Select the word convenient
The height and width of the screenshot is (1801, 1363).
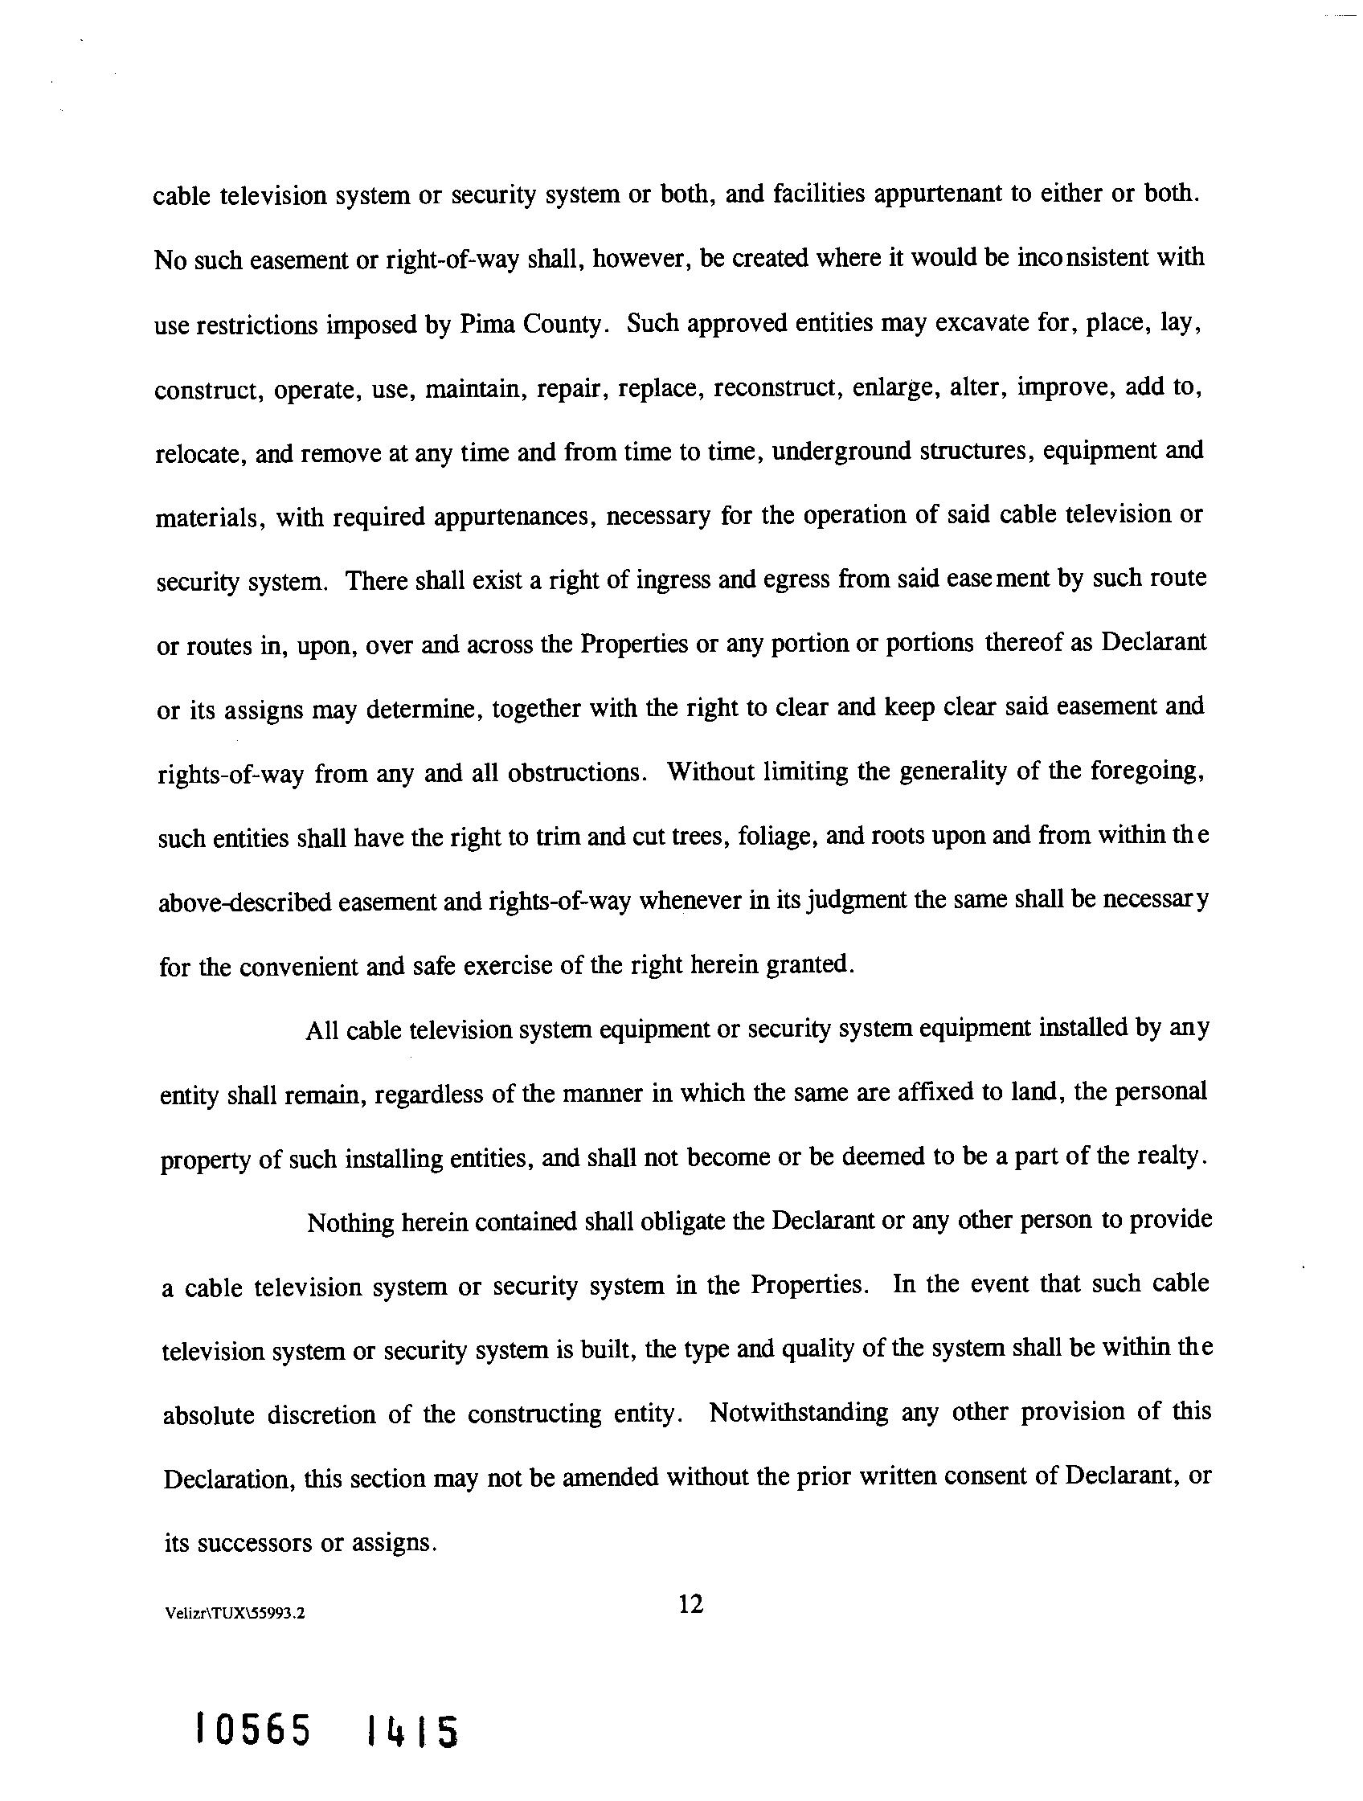pyautogui.click(x=297, y=967)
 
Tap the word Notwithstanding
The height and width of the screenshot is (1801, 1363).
pyautogui.click(x=799, y=1413)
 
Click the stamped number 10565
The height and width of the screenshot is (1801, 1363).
pyautogui.click(x=253, y=1729)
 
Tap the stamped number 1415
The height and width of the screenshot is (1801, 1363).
pyautogui.click(x=412, y=1732)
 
